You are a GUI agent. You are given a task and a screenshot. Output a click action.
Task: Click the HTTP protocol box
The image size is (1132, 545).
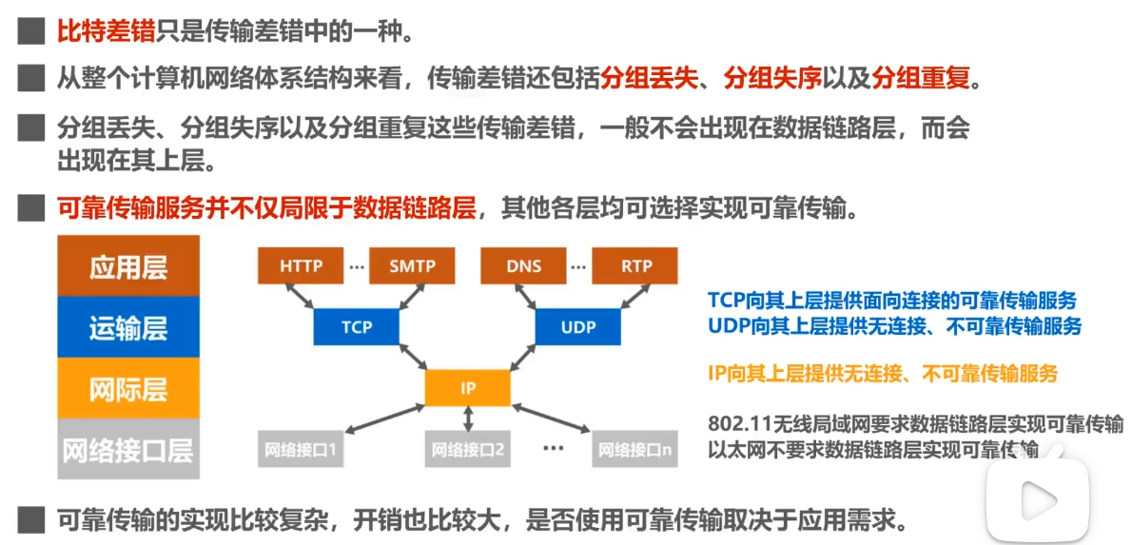[x=302, y=266]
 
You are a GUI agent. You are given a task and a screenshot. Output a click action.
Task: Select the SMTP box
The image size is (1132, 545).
[x=412, y=266]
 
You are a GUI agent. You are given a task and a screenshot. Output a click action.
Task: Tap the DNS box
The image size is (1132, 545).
[x=523, y=266]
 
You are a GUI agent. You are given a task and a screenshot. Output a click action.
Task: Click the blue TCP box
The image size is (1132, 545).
[x=357, y=327]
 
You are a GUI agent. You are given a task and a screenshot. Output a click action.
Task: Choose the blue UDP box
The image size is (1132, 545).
[x=578, y=327]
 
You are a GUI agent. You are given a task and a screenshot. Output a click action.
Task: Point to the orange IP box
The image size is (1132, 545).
[x=468, y=388]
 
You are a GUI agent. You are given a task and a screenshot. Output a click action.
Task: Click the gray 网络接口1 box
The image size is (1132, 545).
[x=301, y=449]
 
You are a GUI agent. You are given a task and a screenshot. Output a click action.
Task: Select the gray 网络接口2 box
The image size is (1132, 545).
[x=468, y=449]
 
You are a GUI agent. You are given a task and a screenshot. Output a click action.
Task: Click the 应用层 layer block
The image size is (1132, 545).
[x=128, y=266]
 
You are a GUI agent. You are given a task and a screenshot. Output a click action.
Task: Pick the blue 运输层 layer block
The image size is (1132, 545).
[x=128, y=327]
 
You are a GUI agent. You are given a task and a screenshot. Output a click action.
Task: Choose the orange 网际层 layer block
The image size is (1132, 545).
[x=128, y=388]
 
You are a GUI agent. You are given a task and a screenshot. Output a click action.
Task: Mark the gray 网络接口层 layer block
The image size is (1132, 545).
[x=128, y=449]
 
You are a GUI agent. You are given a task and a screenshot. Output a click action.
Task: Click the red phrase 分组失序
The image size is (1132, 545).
[x=772, y=77]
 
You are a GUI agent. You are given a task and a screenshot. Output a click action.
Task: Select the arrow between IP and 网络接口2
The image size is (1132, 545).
[x=468, y=418]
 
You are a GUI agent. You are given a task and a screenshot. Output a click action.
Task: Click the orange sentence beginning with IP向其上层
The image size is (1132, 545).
[x=883, y=374]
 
